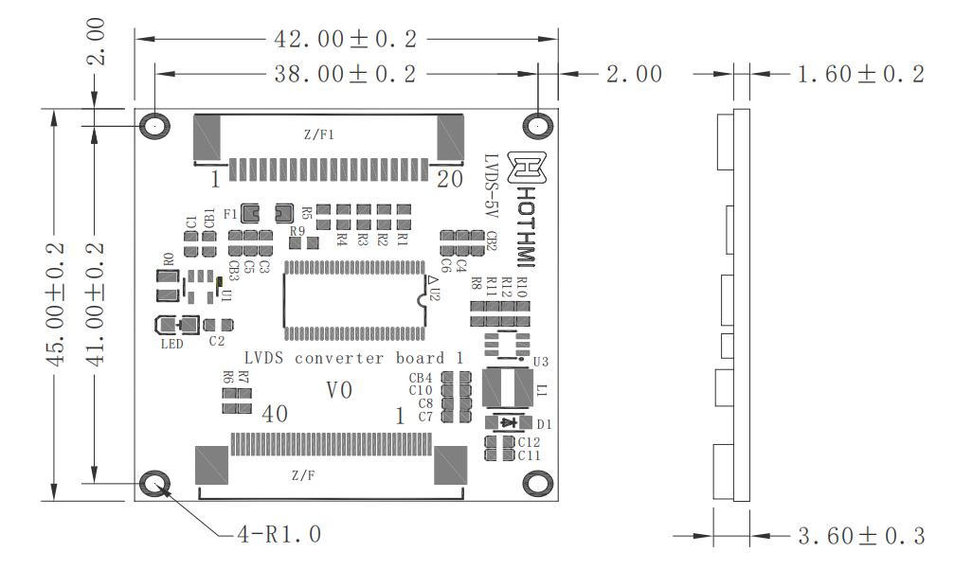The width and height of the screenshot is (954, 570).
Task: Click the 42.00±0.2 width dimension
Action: coord(345,39)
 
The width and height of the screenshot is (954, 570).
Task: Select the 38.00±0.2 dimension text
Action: coord(345,74)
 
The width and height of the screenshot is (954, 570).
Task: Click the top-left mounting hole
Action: coord(154,126)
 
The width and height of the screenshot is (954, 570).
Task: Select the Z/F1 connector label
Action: coord(319,134)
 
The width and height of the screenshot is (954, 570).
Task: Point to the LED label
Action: coord(171,344)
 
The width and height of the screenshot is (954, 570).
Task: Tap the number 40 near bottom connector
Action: coord(275,414)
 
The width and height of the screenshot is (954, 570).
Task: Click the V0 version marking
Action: coord(339,389)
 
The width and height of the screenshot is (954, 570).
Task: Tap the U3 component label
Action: coord(541,361)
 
